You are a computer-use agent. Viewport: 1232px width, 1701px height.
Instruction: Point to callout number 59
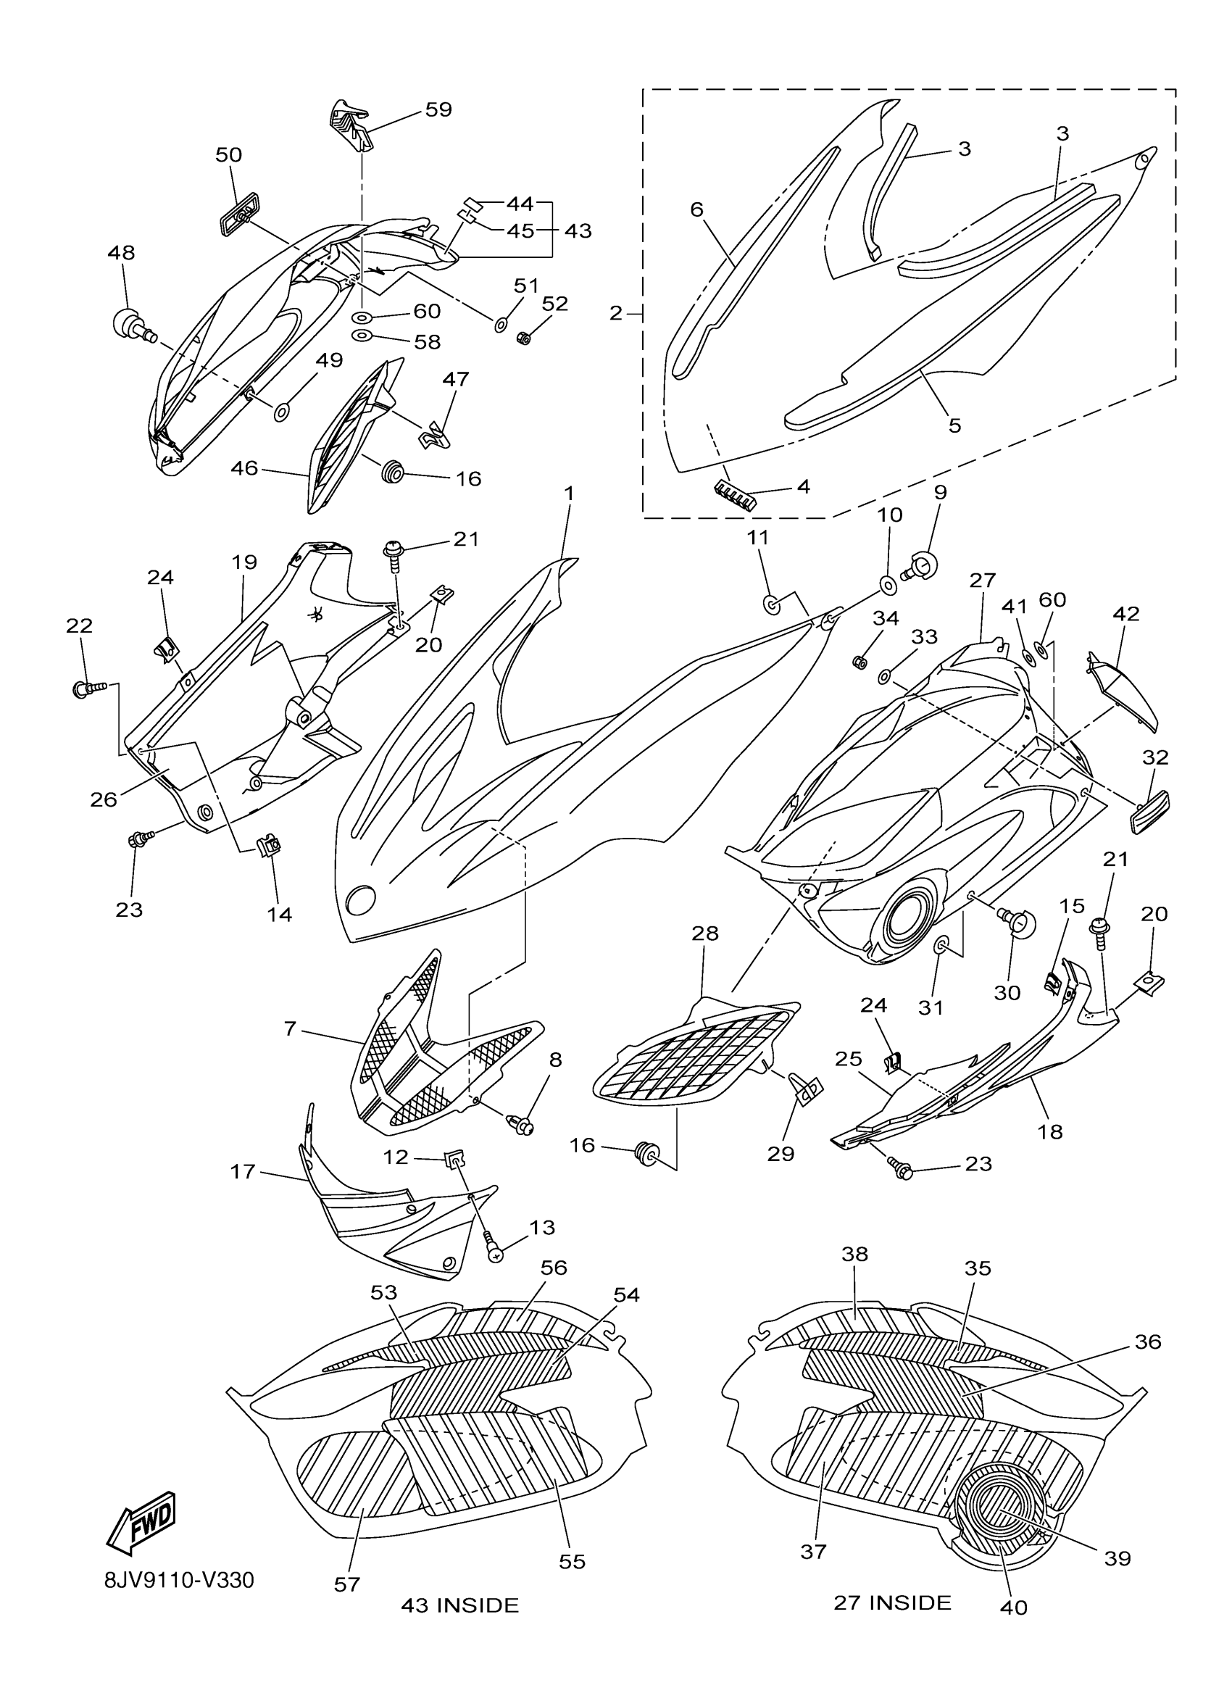click(438, 109)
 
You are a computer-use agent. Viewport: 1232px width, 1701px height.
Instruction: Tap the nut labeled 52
click(524, 338)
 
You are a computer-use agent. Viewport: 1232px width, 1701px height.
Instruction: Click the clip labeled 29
click(806, 1091)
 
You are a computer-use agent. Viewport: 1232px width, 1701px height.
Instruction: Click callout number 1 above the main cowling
click(569, 494)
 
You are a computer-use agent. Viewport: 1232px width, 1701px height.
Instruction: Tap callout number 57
click(347, 1584)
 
